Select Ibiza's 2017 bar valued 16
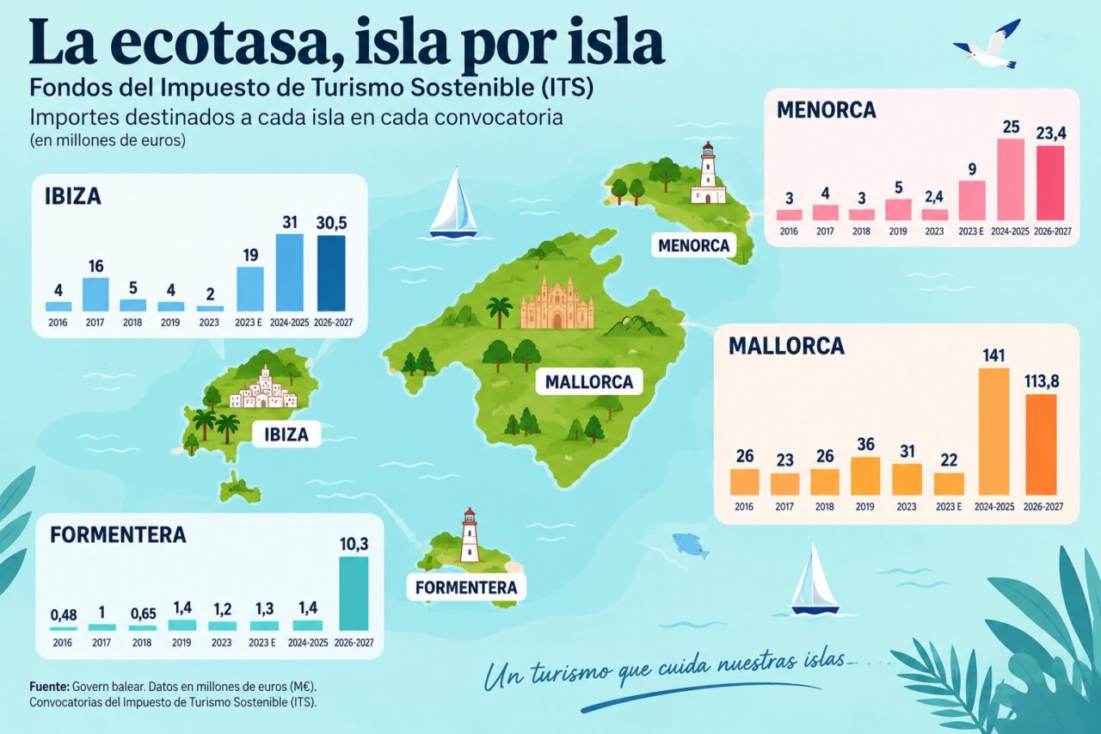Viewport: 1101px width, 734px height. coord(95,294)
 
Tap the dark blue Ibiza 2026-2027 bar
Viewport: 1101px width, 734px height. coord(331,274)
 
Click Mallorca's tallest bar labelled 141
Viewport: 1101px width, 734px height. coord(993,431)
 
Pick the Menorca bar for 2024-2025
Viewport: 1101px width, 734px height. coord(1011,180)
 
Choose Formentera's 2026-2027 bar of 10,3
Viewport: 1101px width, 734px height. coord(354,594)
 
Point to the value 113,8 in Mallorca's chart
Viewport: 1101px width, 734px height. coord(1042,381)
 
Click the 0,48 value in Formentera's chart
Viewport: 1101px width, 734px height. coord(64,615)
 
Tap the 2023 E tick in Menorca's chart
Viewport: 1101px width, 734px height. coord(971,231)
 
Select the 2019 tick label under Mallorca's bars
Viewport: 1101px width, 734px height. coord(864,506)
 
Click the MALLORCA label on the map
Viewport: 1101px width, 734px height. coord(589,381)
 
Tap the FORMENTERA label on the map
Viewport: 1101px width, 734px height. coord(466,588)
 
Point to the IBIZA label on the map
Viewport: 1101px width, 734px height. coord(286,434)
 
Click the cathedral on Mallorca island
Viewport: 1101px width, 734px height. coord(557,304)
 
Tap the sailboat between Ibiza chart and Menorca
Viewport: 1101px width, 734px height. coord(453,202)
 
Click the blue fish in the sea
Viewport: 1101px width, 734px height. coord(691,546)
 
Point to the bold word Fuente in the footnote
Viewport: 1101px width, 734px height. coord(49,687)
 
